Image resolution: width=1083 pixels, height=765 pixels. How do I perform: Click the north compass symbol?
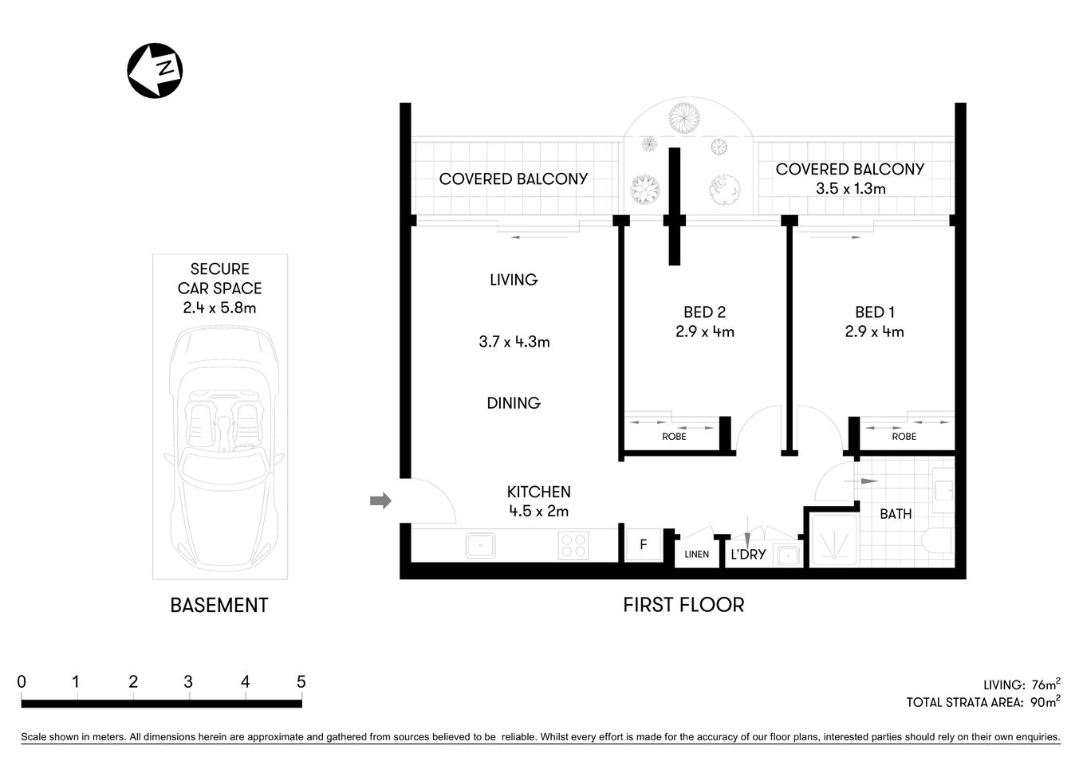(156, 70)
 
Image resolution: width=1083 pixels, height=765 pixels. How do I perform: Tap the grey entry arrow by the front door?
(381, 500)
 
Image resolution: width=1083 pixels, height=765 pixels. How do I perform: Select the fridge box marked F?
(643, 546)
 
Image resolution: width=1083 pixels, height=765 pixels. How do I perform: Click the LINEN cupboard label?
(696, 555)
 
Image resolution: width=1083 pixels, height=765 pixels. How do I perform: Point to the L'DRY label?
(748, 555)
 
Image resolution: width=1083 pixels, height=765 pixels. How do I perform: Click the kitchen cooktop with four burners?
(573, 546)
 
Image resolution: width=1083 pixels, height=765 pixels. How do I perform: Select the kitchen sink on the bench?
(480, 546)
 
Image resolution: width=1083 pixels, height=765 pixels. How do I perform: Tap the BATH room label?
(896, 514)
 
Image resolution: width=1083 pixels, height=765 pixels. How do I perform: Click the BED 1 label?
(875, 312)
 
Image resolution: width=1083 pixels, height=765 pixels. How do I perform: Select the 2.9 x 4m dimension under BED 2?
(705, 332)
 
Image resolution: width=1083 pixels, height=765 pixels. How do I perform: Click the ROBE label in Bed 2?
(674, 437)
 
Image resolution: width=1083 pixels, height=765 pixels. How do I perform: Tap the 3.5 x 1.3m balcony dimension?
(850, 189)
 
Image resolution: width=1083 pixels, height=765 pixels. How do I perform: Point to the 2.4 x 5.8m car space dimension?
(219, 308)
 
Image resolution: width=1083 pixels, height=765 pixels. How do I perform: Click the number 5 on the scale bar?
(301, 682)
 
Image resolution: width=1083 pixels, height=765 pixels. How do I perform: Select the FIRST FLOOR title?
(683, 605)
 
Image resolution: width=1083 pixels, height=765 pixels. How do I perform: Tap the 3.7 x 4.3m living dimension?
(514, 342)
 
